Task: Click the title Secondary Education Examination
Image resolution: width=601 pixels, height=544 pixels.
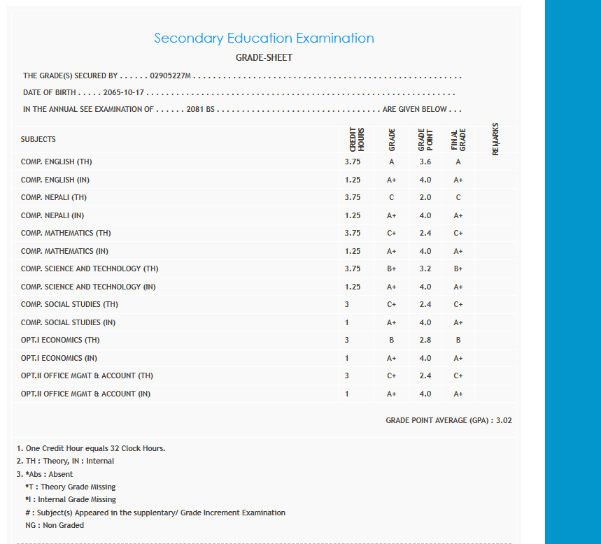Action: click(264, 38)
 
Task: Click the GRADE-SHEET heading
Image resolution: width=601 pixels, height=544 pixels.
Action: click(264, 58)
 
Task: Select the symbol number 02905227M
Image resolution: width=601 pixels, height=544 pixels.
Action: click(171, 76)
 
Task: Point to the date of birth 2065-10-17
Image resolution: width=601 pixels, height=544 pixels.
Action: click(123, 93)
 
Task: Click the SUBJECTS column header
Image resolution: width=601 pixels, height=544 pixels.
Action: click(38, 139)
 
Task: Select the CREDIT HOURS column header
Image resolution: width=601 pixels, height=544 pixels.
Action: click(357, 139)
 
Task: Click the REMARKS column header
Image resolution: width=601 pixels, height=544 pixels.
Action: click(496, 139)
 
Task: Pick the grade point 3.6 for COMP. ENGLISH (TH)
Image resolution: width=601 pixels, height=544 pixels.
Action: click(425, 162)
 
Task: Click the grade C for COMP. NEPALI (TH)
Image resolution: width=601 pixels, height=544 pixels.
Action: click(391, 198)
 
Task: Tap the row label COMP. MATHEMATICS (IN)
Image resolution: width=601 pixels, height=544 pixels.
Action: click(64, 251)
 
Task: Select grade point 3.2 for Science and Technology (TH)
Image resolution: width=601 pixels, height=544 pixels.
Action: click(425, 269)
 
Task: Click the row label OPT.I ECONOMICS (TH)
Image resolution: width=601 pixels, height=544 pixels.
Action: click(60, 341)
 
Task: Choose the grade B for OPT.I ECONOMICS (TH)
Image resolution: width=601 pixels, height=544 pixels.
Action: click(391, 341)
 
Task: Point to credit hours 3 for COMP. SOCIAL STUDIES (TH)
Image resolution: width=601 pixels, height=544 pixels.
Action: click(347, 305)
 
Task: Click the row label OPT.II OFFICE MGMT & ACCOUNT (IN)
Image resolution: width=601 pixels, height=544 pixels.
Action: click(85, 394)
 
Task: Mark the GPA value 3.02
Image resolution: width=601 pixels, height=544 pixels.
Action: click(504, 421)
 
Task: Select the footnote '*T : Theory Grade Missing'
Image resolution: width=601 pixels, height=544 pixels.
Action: click(70, 487)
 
